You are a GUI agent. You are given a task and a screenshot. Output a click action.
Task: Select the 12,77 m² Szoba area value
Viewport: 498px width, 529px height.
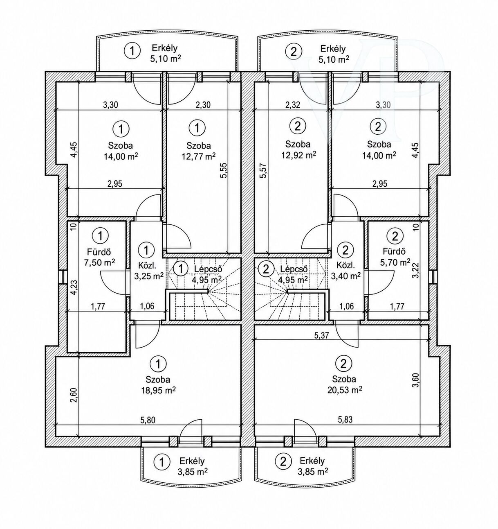198,156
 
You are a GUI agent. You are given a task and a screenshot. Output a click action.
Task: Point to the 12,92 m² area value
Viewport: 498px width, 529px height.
299,154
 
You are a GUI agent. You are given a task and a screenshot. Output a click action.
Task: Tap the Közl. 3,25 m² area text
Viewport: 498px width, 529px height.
149,276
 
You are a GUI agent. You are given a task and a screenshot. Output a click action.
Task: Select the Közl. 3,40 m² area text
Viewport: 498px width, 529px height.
345,276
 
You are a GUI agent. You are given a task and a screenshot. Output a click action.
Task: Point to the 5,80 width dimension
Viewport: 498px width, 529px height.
147,420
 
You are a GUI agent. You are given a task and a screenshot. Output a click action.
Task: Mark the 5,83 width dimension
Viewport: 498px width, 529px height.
345,420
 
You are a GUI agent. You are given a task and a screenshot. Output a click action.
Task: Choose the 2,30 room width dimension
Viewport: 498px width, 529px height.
203,104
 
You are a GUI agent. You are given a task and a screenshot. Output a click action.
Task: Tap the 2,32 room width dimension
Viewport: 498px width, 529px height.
293,104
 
